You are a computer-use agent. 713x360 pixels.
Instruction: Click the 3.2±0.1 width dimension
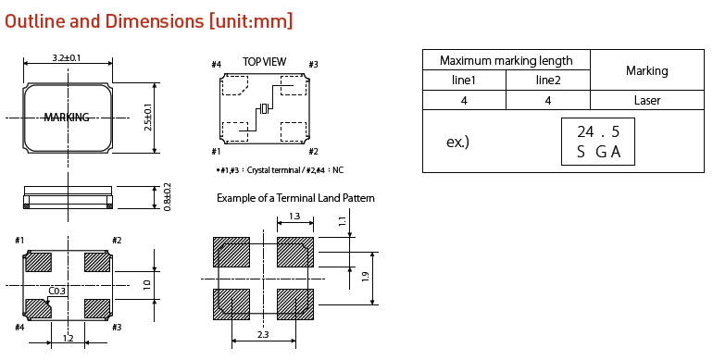pos(67,58)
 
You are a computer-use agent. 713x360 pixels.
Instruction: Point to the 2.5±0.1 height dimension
pos(148,118)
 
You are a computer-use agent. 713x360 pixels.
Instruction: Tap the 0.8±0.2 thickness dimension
pos(168,197)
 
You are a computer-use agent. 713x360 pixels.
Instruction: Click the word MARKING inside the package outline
pos(67,118)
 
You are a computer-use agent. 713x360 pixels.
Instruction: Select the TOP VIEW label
pos(265,61)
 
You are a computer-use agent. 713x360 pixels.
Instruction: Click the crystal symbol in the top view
pos(264,108)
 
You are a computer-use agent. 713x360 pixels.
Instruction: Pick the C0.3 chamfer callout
pos(56,291)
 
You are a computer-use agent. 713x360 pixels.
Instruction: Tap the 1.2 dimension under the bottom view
pos(68,338)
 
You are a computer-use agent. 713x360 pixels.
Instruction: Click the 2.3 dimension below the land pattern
pos(263,334)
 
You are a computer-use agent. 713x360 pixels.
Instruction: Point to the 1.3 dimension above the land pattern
pos(294,216)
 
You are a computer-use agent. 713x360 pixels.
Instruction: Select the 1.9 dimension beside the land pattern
pos(365,277)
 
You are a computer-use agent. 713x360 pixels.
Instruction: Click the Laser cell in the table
pos(647,100)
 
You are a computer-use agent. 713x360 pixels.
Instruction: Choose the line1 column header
pos(464,80)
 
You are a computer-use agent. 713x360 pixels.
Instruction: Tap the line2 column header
pos(548,80)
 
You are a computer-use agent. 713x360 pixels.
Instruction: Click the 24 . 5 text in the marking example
pos(598,131)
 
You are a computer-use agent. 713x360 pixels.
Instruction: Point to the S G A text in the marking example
pos(598,152)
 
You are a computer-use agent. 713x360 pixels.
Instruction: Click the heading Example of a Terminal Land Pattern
pos(295,198)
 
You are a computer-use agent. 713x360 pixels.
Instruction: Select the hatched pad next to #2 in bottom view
pos(97,262)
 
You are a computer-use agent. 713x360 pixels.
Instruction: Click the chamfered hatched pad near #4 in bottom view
pos(38,308)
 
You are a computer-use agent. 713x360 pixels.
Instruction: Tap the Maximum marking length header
pos(507,60)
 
